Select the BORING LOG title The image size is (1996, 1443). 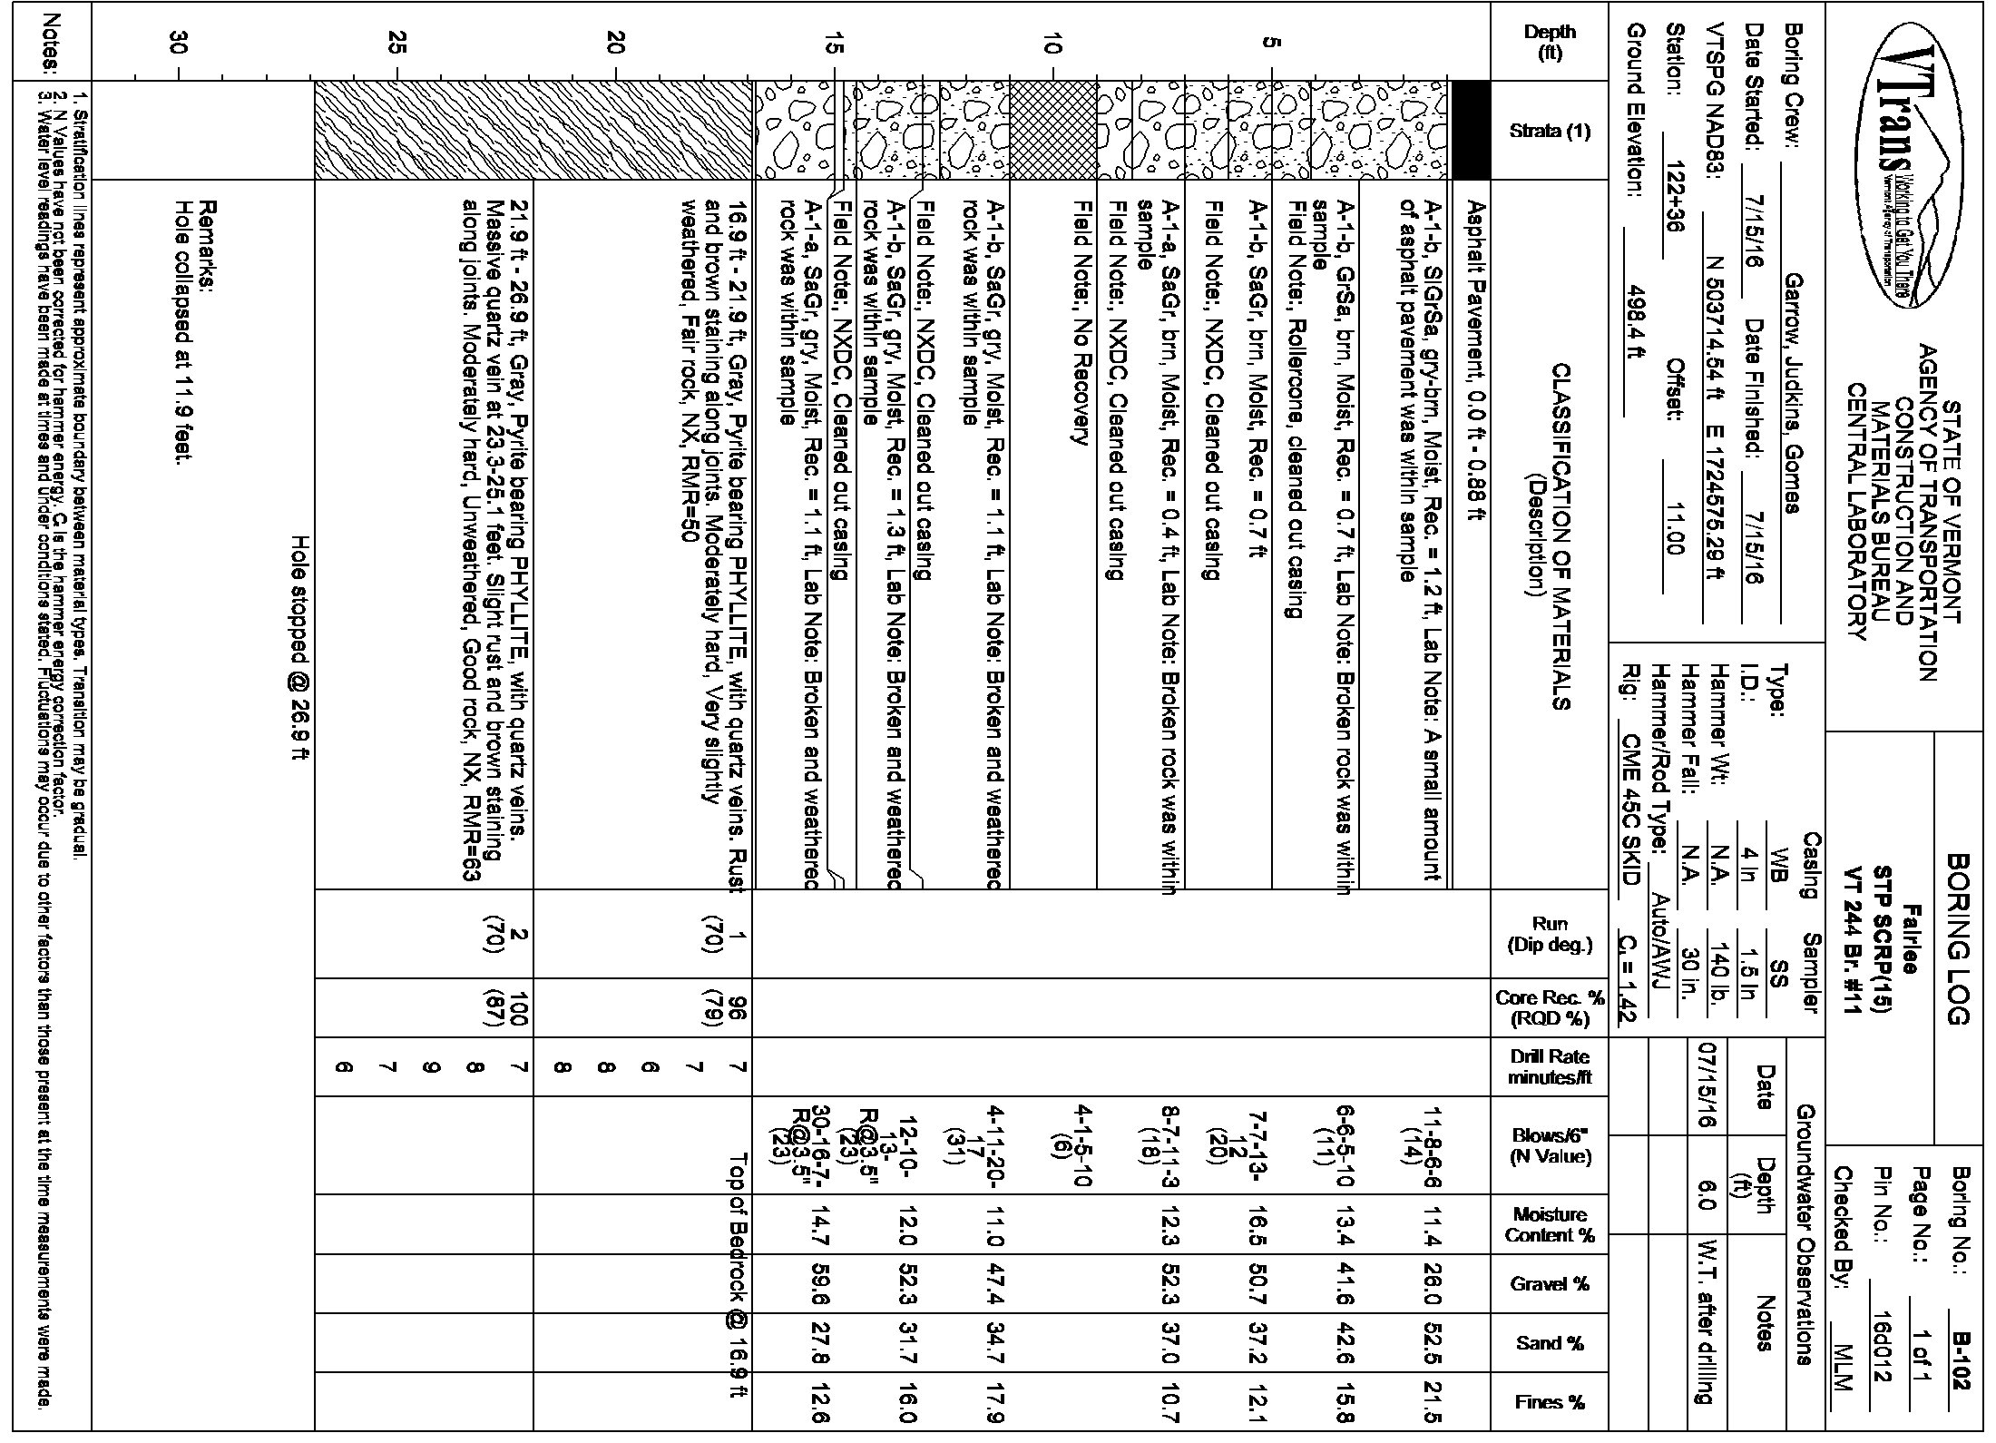pyautogui.click(x=1959, y=939)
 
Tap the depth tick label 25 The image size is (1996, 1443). pyautogui.click(x=396, y=42)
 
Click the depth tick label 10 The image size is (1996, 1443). pyautogui.click(x=1052, y=42)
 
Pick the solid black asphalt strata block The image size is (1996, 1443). pyautogui.click(x=1471, y=130)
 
